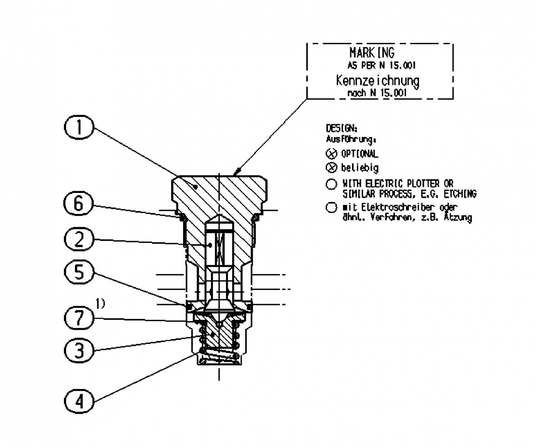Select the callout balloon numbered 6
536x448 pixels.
pos(79,205)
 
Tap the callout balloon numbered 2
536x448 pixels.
pos(79,241)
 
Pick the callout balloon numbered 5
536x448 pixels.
pos(79,272)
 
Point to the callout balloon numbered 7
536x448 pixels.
pos(79,318)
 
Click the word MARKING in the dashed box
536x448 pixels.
pos(372,53)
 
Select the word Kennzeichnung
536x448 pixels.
pos(377,81)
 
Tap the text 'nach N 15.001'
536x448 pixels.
pos(377,93)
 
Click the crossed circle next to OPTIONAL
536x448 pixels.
pos(331,154)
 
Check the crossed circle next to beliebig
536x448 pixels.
pos(331,168)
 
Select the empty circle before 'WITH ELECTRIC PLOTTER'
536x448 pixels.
pos(331,184)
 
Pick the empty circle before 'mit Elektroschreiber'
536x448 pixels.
pos(331,208)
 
